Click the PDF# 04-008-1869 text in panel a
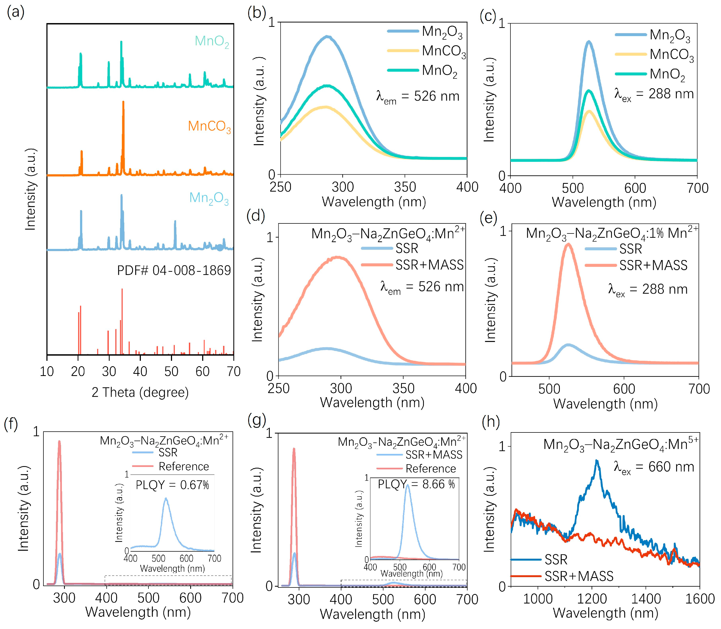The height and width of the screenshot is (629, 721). tap(174, 271)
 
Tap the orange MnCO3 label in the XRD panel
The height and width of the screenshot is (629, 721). tap(209, 126)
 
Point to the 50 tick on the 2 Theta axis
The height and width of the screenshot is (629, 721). tap(171, 371)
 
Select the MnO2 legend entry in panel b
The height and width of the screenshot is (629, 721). tap(426, 71)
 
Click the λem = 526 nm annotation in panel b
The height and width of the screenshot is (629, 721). tap(418, 97)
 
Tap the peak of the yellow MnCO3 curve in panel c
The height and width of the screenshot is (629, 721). tap(589, 112)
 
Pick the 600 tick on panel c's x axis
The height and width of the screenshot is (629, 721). tap(635, 188)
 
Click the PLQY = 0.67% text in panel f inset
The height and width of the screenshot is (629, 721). tap(172, 485)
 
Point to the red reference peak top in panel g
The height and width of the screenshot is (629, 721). tap(294, 448)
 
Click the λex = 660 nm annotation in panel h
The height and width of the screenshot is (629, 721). tap(654, 467)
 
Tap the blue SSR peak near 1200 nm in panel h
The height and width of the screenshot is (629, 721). tap(596, 461)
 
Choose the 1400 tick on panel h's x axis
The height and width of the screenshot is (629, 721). tap(646, 599)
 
